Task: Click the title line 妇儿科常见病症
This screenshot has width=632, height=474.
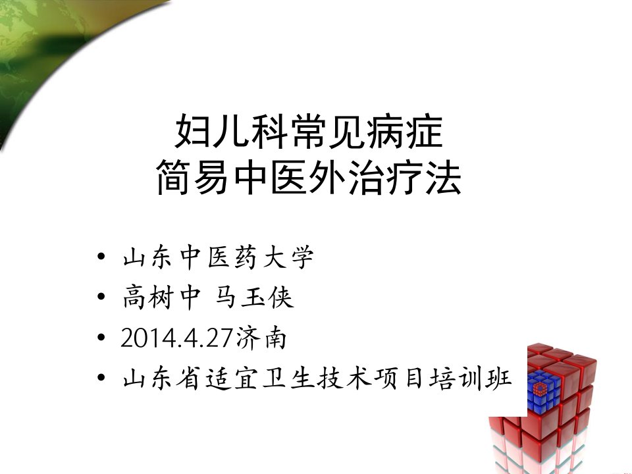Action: (309, 131)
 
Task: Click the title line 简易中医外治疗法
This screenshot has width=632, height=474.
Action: (309, 176)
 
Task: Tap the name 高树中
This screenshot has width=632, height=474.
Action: (161, 298)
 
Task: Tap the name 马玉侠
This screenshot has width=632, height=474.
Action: (254, 298)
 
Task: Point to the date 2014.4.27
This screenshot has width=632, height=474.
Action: (176, 338)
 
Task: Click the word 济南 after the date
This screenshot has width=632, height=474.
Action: (261, 338)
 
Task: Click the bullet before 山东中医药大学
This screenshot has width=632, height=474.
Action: (101, 257)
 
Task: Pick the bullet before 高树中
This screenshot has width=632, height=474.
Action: (101, 297)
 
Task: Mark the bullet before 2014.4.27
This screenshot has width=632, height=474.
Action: (101, 337)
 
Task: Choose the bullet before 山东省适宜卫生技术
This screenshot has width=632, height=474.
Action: (101, 378)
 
